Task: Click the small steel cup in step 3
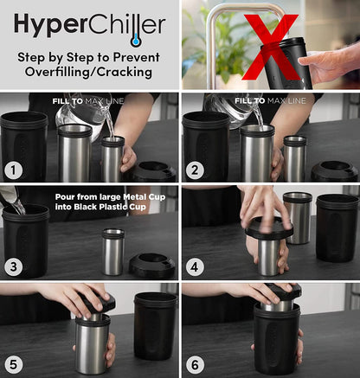(x=112, y=251)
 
